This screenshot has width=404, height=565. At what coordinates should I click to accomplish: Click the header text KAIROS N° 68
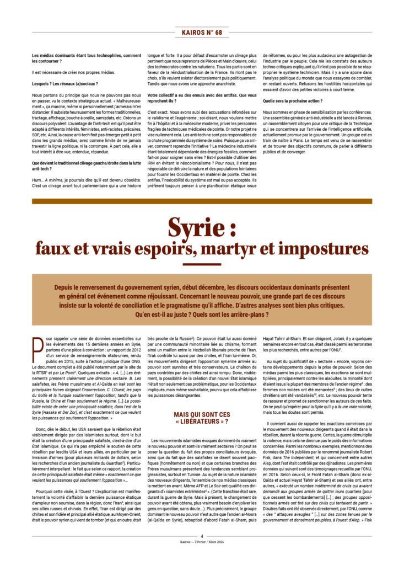pos(202,33)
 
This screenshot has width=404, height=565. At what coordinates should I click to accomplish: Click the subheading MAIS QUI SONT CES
pos(201,428)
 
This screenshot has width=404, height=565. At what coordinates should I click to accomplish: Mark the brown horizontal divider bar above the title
pos(202,201)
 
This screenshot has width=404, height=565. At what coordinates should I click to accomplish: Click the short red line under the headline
pos(202,265)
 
